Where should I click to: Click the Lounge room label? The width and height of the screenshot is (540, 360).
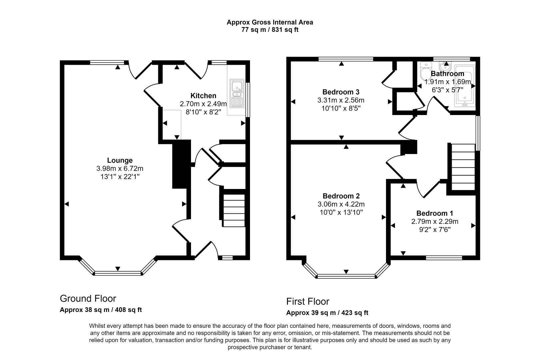(120, 160)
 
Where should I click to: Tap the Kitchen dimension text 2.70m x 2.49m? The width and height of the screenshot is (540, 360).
(203, 104)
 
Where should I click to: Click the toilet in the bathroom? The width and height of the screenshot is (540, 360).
(426, 70)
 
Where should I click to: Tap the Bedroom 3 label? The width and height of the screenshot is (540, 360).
(341, 92)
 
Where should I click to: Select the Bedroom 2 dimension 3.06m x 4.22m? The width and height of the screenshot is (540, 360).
(341, 204)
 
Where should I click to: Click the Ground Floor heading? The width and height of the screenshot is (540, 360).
(88, 298)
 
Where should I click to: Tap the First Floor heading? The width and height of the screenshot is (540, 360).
(307, 302)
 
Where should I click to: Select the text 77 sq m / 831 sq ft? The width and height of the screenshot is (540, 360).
(270, 30)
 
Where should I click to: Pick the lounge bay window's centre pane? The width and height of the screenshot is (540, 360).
(118, 273)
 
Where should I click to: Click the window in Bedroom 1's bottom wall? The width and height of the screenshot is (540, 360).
(444, 258)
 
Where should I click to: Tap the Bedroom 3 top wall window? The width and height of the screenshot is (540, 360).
(345, 59)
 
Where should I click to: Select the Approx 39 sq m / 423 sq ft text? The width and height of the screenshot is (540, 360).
(327, 313)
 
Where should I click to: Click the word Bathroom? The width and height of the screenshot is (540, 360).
(447, 74)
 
